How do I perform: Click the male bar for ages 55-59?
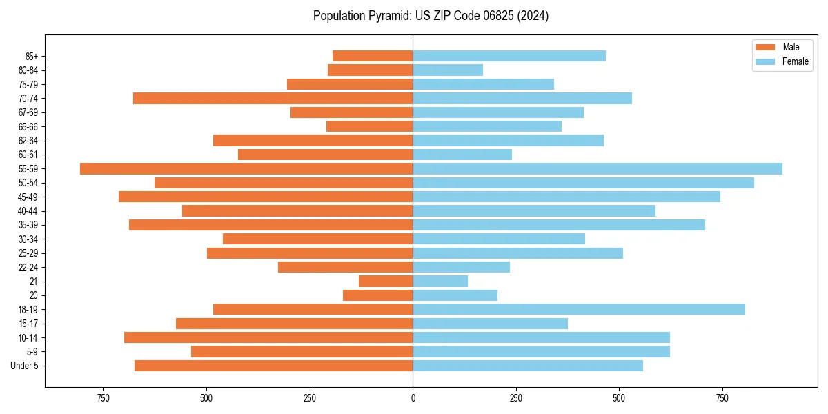(x=246, y=168)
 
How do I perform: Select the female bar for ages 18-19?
(x=579, y=309)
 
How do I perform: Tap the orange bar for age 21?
(x=386, y=281)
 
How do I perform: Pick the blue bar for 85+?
(x=509, y=56)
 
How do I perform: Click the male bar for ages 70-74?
(x=273, y=98)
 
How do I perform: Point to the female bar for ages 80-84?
(x=448, y=70)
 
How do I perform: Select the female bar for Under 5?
(x=528, y=366)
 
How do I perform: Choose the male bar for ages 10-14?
(x=268, y=337)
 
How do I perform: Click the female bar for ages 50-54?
(x=583, y=183)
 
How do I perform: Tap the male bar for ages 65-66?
(x=369, y=126)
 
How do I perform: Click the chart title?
(x=431, y=16)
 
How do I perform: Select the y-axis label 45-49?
(x=28, y=197)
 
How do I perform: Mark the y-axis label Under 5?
(x=25, y=366)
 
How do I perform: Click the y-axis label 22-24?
(x=28, y=268)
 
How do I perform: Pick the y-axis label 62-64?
(x=28, y=141)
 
